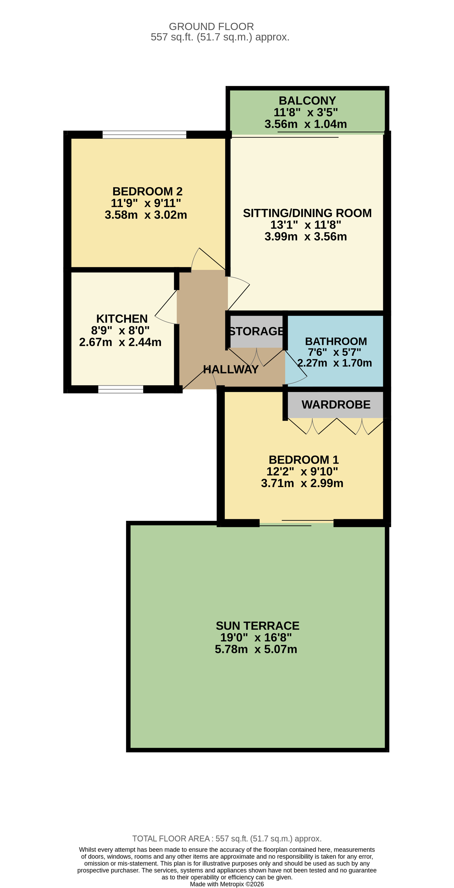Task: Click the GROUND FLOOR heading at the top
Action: [211, 27]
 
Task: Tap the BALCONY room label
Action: [307, 101]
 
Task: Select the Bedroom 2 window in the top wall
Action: [144, 135]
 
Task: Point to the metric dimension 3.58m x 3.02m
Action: [146, 215]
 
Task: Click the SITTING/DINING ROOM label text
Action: [307, 213]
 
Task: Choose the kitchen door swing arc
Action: [166, 308]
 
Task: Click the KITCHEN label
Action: [122, 318]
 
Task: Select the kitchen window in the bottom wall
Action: [121, 389]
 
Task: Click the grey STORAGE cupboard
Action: [256, 331]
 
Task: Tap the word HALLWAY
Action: [230, 370]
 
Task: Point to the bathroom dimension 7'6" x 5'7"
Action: [334, 352]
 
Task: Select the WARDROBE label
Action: [336, 404]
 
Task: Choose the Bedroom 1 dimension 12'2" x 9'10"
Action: [302, 471]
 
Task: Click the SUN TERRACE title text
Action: [257, 626]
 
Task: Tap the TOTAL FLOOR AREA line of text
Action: [227, 838]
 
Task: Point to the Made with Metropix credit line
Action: [227, 884]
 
